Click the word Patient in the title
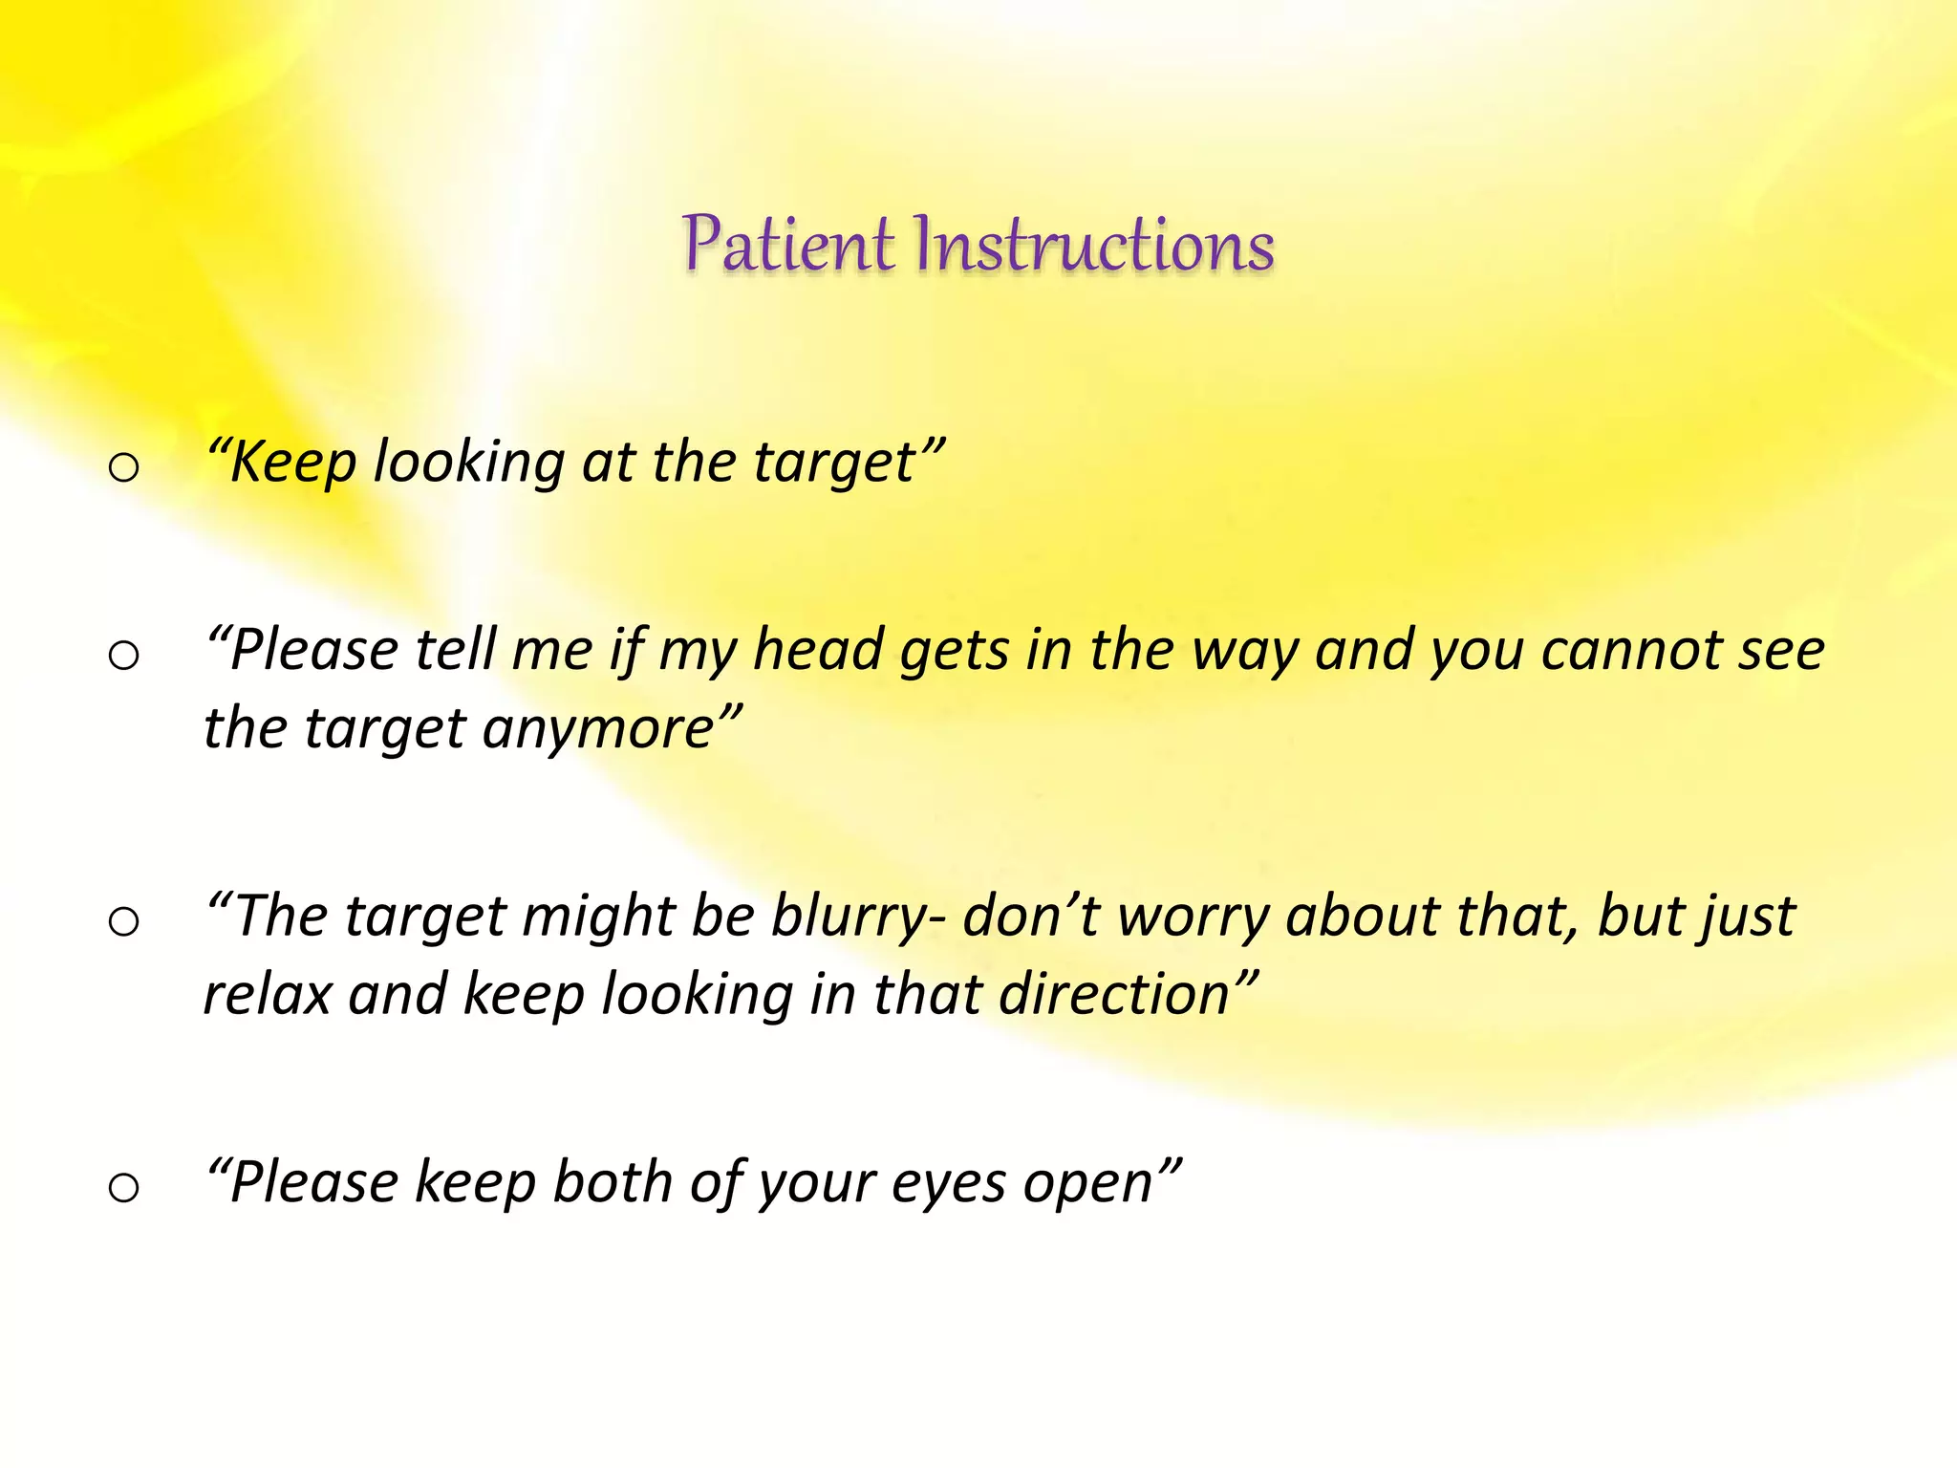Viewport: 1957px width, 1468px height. tap(788, 245)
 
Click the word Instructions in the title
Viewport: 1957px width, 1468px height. tap(1094, 245)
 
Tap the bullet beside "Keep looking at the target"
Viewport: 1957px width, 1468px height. tap(124, 467)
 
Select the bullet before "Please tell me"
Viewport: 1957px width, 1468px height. tap(124, 656)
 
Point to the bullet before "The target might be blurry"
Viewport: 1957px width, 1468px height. tap(124, 921)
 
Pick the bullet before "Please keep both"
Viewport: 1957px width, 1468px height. tap(124, 1187)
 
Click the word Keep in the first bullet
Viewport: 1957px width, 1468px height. tap(292, 464)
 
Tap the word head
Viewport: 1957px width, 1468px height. tap(818, 650)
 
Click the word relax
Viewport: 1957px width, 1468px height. tap(268, 994)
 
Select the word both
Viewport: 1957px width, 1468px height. tap(613, 1182)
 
